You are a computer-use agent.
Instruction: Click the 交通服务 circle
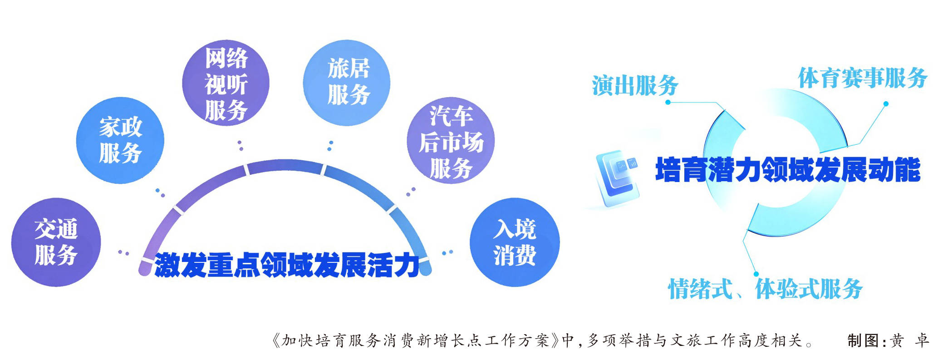56,242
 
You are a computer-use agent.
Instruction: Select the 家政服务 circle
120,140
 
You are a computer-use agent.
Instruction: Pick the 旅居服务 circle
347,83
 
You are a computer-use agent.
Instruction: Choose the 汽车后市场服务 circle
451,140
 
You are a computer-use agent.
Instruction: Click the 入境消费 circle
515,242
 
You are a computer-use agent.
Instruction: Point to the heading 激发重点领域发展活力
287,265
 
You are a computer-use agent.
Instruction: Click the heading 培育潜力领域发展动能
788,170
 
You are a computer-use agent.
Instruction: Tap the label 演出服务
635,85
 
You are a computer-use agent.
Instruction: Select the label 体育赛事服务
863,78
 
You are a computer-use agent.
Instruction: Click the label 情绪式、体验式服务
765,289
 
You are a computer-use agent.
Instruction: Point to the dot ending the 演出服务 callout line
668,102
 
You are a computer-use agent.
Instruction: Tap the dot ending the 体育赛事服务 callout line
885,104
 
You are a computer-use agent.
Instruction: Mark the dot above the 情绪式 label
756,274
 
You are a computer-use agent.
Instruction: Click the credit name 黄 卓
909,340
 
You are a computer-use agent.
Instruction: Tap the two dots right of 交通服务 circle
123,252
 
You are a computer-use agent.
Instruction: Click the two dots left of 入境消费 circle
447,252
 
